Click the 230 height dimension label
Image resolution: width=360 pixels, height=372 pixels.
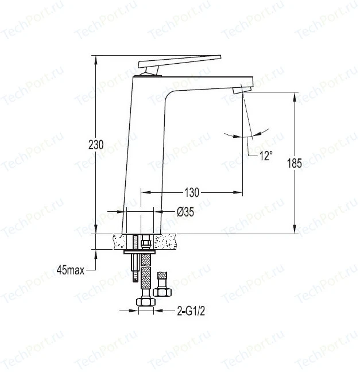pyautogui.click(x=96, y=145)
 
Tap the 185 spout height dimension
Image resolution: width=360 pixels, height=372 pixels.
pyautogui.click(x=295, y=163)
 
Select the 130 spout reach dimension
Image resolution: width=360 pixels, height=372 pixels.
pyautogui.click(x=192, y=192)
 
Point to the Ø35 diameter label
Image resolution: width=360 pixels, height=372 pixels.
pyautogui.click(x=185, y=212)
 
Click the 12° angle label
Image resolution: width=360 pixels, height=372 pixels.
pyautogui.click(x=266, y=156)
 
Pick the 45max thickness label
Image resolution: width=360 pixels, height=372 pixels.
pyautogui.click(x=71, y=270)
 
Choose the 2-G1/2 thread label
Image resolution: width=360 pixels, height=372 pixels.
pyautogui.click(x=191, y=311)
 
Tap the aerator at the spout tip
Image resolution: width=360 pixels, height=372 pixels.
pyautogui.click(x=242, y=90)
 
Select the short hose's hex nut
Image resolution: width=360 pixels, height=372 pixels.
pyautogui.click(x=162, y=292)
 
